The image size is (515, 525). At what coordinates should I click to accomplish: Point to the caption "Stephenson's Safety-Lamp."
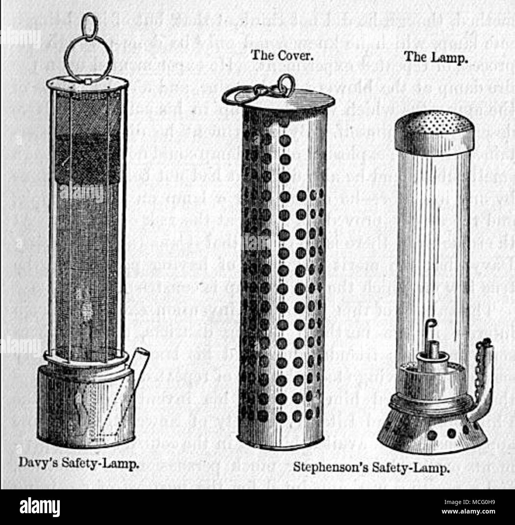pos(371,468)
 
